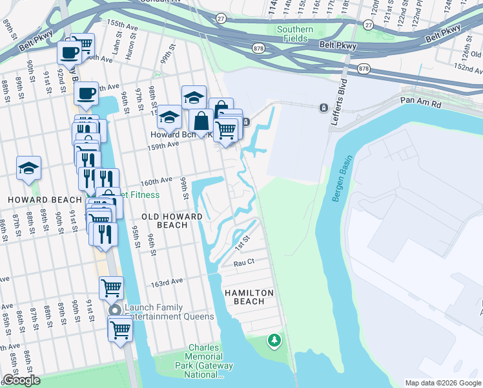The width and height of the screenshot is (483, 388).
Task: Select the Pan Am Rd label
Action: coord(420,102)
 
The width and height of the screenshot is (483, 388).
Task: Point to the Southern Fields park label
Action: coord(295,34)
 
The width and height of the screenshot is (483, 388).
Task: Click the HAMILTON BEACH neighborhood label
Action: coord(249,297)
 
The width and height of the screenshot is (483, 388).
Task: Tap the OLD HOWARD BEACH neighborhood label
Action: coord(172,221)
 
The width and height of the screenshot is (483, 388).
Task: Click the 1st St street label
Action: coord(241,243)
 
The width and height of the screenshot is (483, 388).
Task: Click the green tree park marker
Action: coord(275,339)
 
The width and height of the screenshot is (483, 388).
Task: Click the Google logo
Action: coord(21,380)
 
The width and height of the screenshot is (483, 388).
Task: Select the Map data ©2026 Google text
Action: coord(442,383)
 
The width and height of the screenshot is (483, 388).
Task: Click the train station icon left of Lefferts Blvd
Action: coord(322,107)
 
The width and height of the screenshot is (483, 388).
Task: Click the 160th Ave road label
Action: coord(156,180)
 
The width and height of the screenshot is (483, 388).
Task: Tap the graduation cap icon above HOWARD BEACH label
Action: coord(29,168)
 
